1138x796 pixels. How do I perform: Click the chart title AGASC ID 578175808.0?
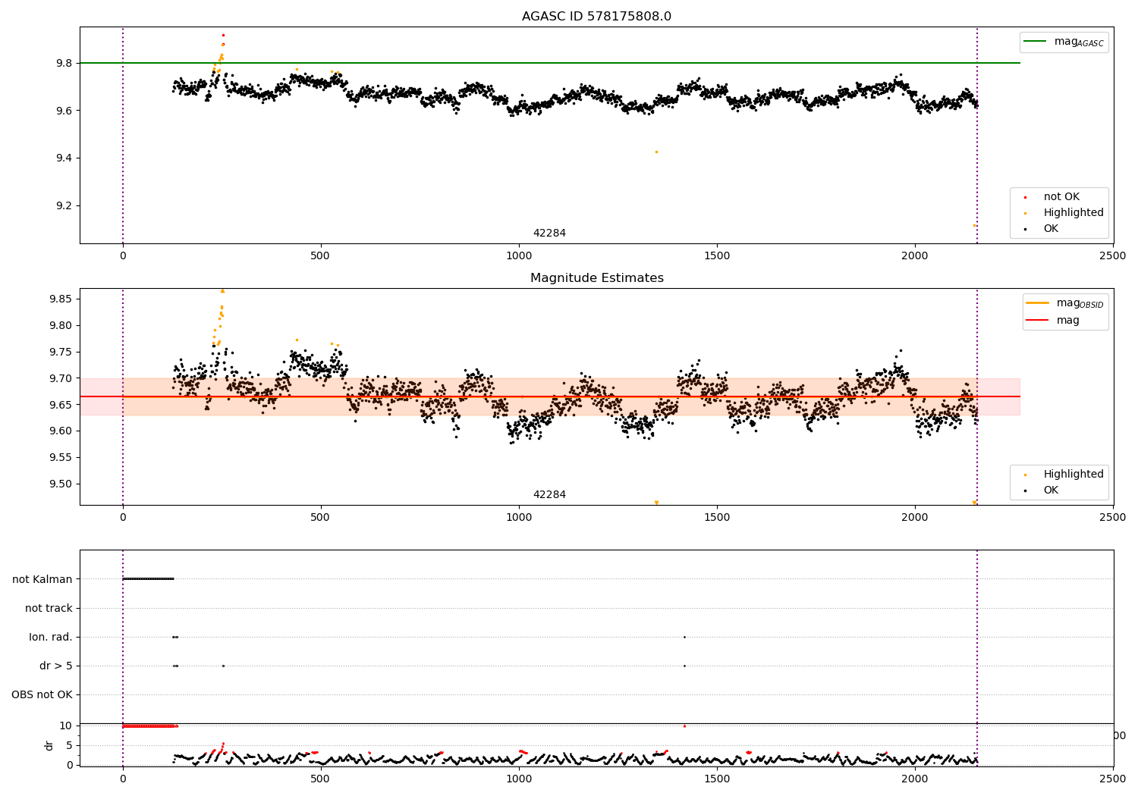click(x=596, y=17)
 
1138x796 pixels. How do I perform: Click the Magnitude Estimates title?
click(x=596, y=278)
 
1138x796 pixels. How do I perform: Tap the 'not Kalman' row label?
click(x=42, y=579)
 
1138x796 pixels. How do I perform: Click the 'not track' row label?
click(x=49, y=608)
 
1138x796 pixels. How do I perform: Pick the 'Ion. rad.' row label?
click(x=51, y=637)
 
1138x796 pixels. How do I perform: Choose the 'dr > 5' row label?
click(x=56, y=666)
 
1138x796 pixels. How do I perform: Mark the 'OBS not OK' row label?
click(x=42, y=694)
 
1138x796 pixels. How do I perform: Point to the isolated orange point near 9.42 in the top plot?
click(x=656, y=152)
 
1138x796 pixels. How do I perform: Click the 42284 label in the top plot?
click(x=549, y=233)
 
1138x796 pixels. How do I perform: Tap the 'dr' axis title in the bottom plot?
click(x=49, y=745)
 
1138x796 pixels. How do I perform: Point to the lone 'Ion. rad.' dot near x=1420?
click(x=684, y=637)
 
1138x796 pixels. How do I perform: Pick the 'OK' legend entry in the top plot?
click(x=1050, y=229)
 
